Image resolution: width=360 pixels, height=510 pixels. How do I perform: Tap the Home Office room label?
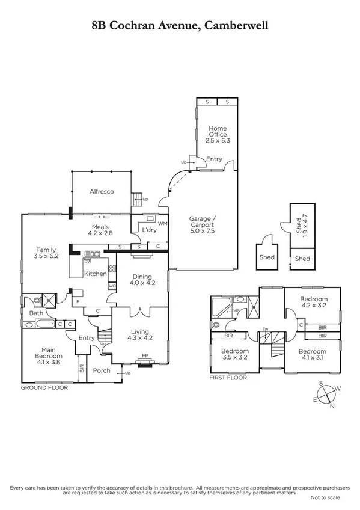217,134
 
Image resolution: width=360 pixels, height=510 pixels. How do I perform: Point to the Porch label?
102,370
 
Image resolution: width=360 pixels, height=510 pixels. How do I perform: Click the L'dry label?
147,230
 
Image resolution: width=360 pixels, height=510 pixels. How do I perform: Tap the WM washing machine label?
162,223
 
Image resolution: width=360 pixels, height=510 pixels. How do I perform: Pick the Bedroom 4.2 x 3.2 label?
314,303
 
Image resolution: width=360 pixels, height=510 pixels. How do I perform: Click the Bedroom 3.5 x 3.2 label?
234,354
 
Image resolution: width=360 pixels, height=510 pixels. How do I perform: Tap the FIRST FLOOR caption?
229,378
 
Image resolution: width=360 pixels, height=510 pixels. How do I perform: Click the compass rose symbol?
325,396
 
